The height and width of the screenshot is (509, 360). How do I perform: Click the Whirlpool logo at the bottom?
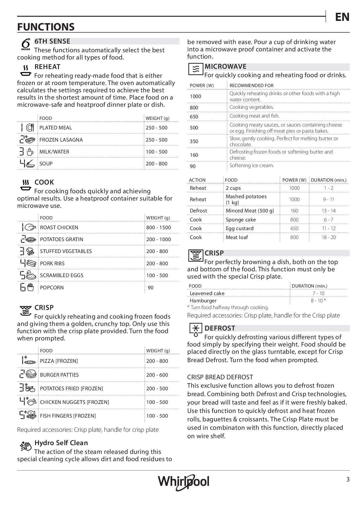pyautogui.click(x=183, y=482)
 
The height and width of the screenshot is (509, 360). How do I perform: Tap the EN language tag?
pyautogui.click(x=342, y=17)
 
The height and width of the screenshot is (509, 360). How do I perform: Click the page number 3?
pyautogui.click(x=348, y=479)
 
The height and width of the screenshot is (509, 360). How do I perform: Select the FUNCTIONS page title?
pyautogui.click(x=46, y=27)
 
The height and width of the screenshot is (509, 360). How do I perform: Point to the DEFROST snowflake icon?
pyautogui.click(x=196, y=330)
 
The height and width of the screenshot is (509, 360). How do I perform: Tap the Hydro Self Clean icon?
pyautogui.click(x=26, y=446)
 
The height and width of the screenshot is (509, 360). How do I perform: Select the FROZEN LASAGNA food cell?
pyautogui.click(x=61, y=140)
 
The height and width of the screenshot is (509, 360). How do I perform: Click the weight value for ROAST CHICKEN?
pyautogui.click(x=159, y=228)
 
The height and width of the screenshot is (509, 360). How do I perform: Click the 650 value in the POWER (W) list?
pyautogui.click(x=194, y=117)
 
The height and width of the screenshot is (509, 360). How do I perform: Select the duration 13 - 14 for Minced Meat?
pyautogui.click(x=329, y=211)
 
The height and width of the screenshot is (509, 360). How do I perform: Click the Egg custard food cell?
pyautogui.click(x=240, y=228)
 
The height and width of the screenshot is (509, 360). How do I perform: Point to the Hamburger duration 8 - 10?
pyautogui.click(x=318, y=301)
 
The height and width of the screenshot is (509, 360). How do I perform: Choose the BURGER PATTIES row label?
pyautogui.click(x=59, y=375)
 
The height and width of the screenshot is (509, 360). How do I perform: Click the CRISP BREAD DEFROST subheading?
pyautogui.click(x=220, y=377)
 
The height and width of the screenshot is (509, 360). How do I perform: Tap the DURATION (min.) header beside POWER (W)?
pyautogui.click(x=329, y=180)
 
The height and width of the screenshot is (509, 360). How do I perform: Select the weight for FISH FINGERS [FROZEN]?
pyautogui.click(x=157, y=416)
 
